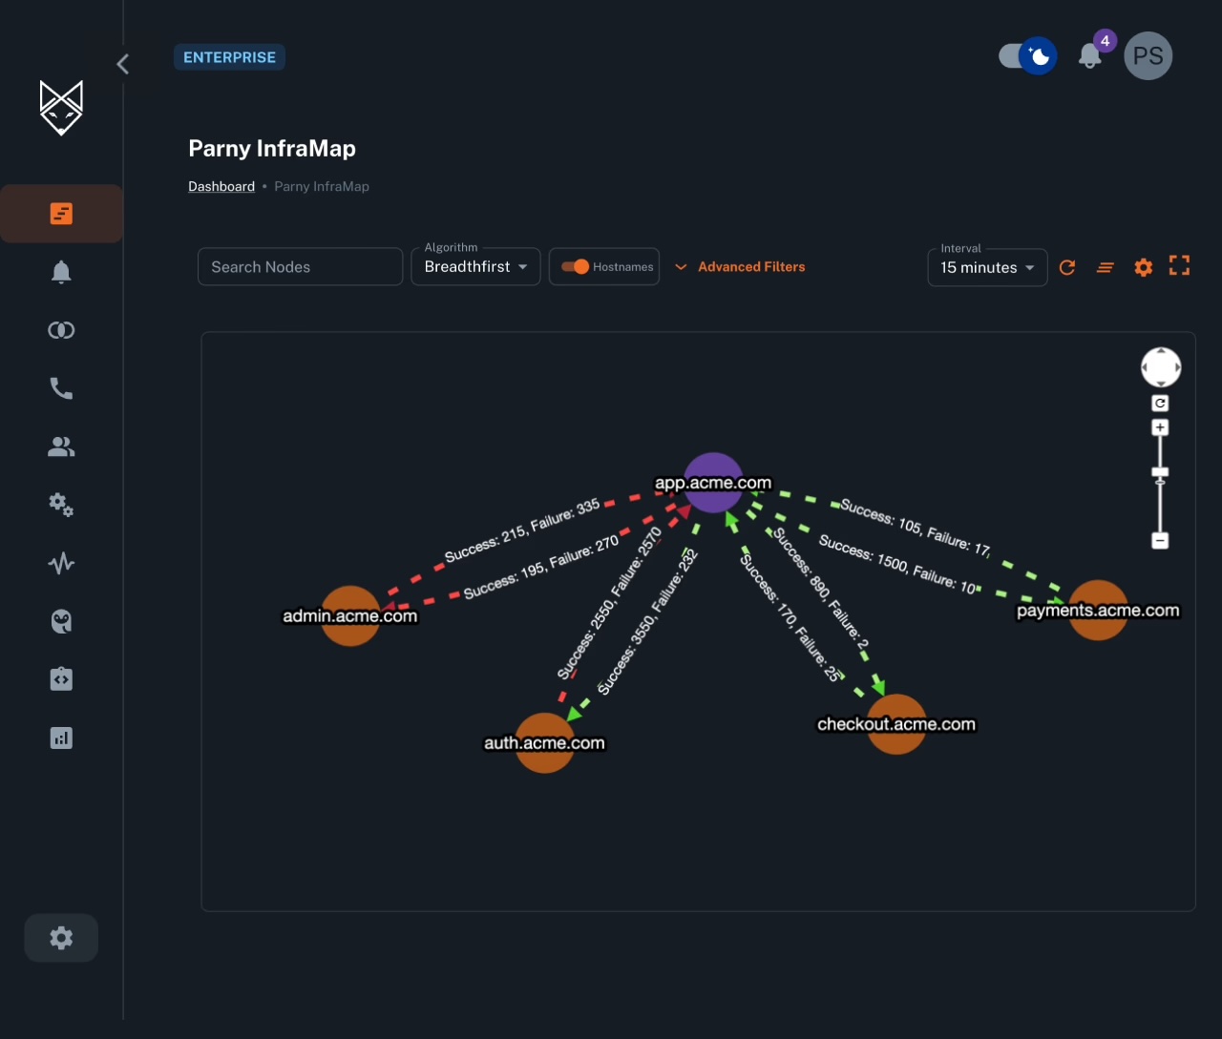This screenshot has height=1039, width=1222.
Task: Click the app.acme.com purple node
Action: [713, 483]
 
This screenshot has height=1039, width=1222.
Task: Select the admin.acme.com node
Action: [350, 615]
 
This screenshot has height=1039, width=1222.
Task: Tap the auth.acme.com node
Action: [544, 742]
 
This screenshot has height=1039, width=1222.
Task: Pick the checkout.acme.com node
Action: [896, 724]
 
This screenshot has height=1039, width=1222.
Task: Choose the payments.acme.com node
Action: [1098, 610]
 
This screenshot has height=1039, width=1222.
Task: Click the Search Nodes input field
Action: [300, 267]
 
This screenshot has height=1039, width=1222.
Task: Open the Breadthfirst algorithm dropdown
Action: [475, 267]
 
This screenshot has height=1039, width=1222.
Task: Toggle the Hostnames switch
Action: [576, 267]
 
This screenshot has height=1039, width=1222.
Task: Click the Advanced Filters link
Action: [750, 267]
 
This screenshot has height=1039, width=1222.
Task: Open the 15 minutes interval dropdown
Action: [987, 268]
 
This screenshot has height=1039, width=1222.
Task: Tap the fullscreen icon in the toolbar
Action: [1179, 267]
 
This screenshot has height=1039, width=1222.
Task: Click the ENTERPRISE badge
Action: [229, 57]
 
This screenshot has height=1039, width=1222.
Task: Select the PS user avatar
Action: [1148, 56]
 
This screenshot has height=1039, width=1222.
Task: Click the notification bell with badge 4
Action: [1090, 56]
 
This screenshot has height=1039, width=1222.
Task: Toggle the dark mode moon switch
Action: [1027, 56]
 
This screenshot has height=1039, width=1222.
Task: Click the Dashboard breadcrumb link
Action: [221, 187]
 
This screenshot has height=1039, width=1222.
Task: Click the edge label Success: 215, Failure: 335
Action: [522, 530]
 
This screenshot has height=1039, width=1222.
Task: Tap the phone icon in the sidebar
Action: [61, 388]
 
